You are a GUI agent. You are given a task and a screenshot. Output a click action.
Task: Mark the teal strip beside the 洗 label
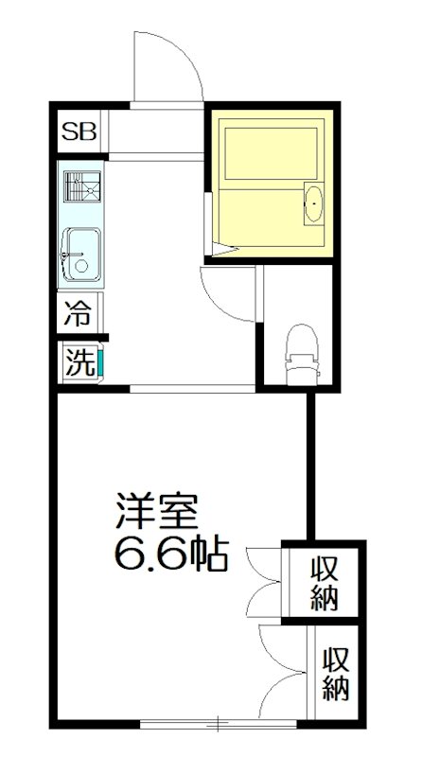(x=99, y=363)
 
